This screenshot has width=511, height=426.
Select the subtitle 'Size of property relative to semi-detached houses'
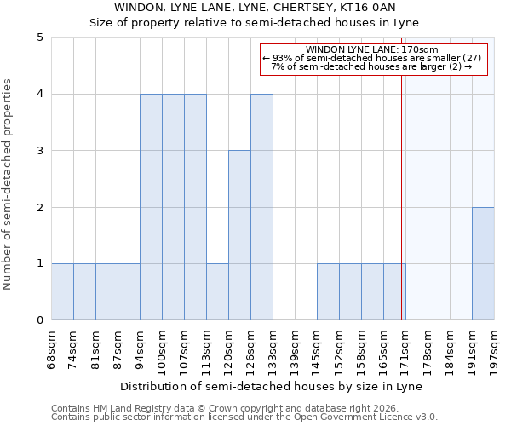point(255,23)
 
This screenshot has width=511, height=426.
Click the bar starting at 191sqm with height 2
point(483,263)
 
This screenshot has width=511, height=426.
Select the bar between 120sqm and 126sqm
point(239,235)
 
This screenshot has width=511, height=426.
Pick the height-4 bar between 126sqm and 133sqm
point(261,207)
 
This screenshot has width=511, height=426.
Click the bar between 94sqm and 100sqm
point(151,207)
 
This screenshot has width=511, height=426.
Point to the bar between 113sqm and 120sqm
point(217,291)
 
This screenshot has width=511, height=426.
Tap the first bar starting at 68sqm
point(62,291)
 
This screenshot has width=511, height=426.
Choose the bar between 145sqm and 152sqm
point(328,291)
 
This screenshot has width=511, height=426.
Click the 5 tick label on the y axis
point(39,37)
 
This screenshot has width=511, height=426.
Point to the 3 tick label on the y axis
point(39,151)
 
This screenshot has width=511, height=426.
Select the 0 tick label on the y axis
point(39,320)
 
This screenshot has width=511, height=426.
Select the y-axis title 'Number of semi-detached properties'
point(9,184)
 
